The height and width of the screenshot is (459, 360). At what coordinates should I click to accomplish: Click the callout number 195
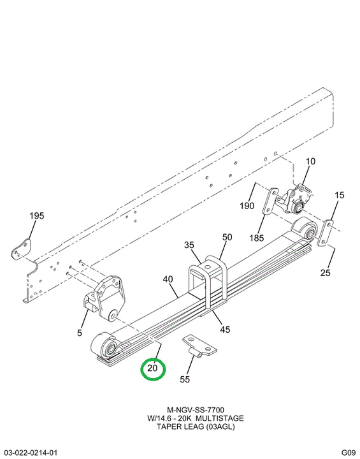(37, 215)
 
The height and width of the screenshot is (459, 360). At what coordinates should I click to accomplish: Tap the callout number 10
(311, 161)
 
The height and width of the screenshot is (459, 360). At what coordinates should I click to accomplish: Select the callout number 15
(340, 195)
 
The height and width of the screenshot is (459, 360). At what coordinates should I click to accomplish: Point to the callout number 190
(247, 206)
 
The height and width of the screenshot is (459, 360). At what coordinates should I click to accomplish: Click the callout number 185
(257, 238)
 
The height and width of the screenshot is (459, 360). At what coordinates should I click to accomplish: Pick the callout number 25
(325, 273)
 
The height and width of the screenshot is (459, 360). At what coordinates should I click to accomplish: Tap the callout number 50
(227, 237)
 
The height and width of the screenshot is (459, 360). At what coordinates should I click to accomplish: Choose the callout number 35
(189, 245)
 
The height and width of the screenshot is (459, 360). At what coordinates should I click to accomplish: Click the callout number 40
(168, 280)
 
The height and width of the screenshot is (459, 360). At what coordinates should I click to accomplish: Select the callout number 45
(225, 330)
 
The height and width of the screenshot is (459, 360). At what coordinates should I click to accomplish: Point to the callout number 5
(80, 333)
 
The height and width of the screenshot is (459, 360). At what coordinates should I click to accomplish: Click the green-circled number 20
(152, 368)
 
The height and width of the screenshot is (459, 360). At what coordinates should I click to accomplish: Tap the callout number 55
(185, 379)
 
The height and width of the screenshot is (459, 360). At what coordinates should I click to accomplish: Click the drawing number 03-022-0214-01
(29, 452)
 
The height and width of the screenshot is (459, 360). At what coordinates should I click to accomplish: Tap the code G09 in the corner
(348, 452)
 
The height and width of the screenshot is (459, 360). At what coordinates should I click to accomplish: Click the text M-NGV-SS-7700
(196, 410)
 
